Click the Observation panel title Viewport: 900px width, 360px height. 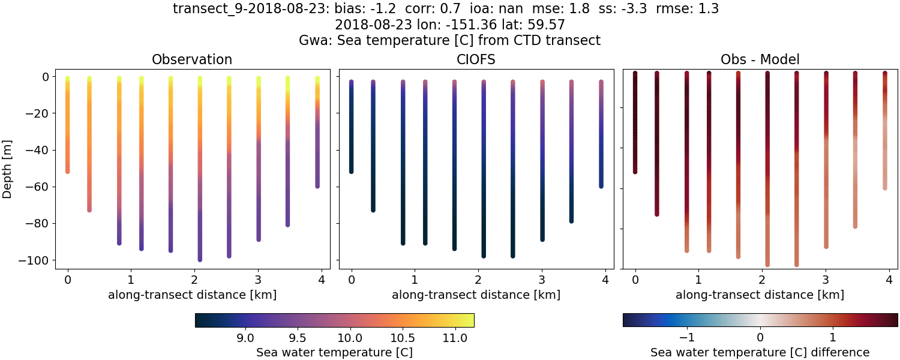[192, 59]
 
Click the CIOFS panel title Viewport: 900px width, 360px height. [476, 59]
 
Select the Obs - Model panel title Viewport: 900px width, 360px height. [760, 59]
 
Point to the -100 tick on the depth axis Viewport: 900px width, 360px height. [37, 260]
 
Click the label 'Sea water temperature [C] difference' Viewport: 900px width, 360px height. [760, 352]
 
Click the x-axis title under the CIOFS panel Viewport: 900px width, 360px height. [476, 295]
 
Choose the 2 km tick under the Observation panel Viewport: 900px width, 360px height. [194, 280]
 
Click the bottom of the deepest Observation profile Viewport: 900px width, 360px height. [200, 260]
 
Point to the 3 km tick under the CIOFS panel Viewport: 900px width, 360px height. [542, 280]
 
